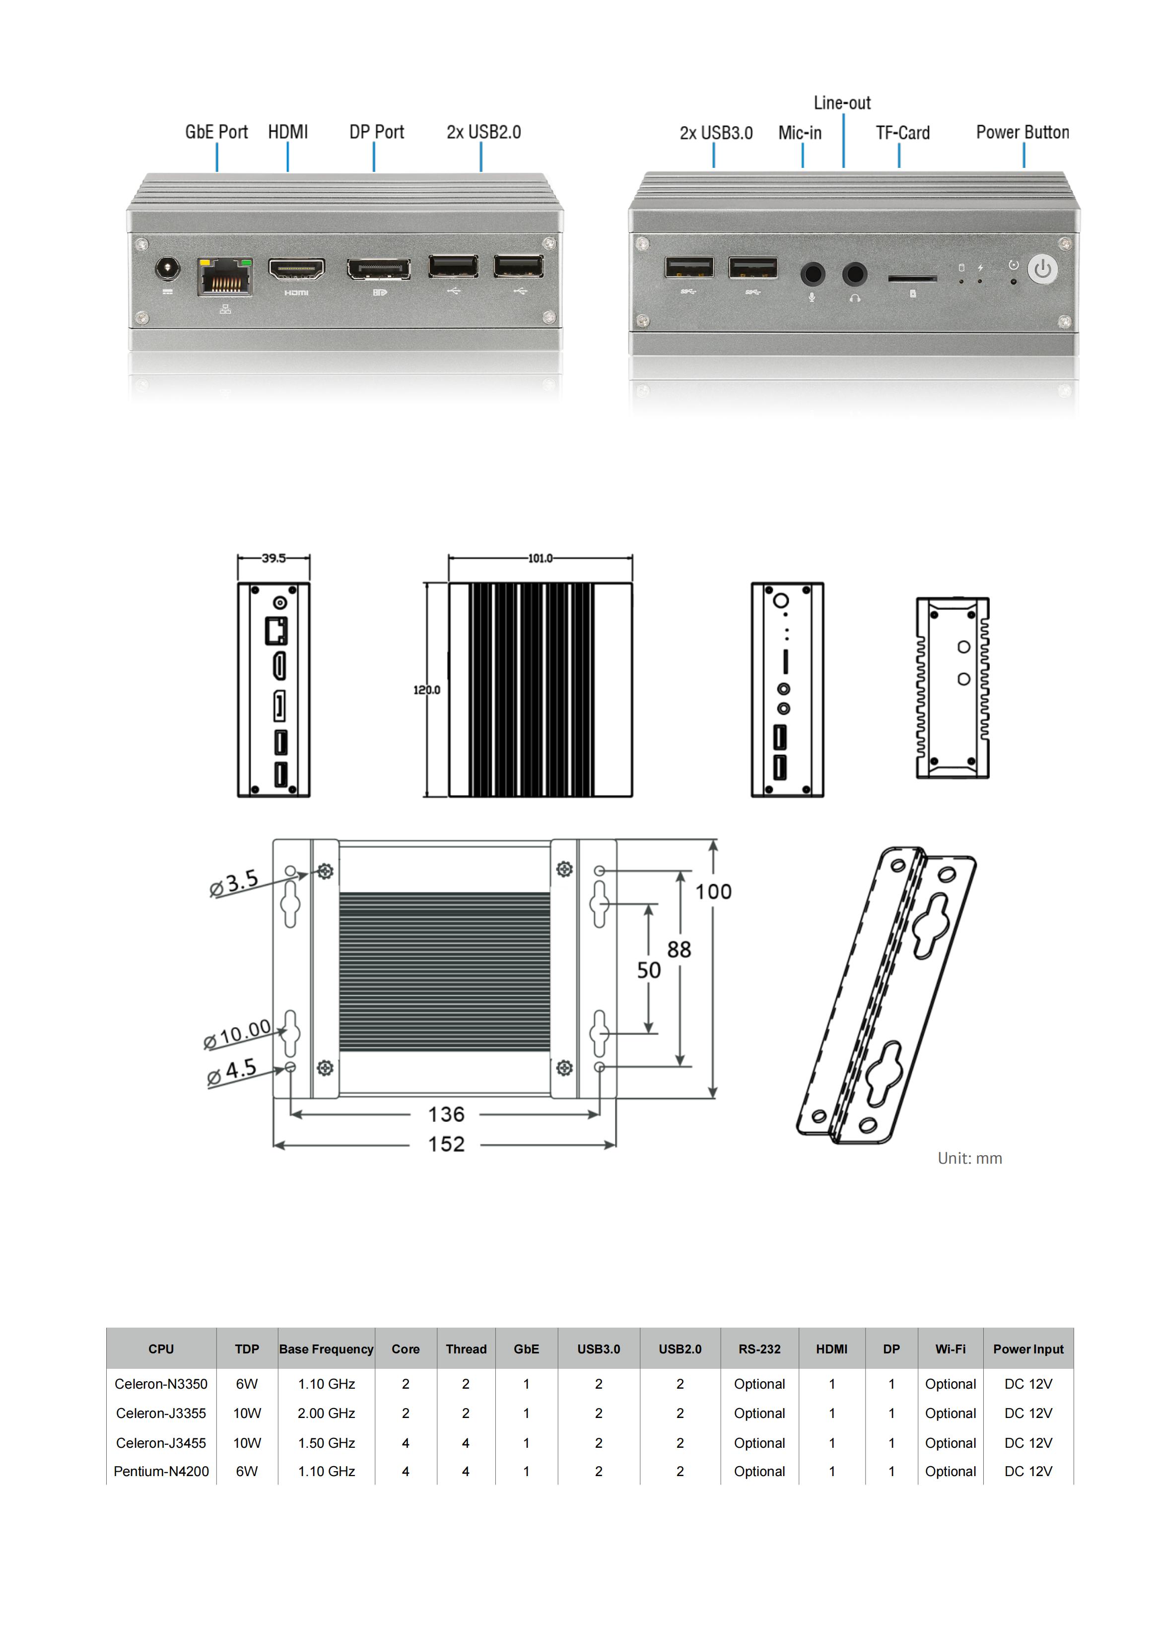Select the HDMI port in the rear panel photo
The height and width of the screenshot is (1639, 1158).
[297, 270]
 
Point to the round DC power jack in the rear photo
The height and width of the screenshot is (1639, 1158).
[168, 269]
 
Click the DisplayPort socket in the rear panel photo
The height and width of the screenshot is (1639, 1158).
[379, 270]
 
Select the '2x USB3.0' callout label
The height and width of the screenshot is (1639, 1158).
[716, 133]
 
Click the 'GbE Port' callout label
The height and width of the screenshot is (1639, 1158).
[216, 132]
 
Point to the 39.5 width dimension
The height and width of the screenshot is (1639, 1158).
[273, 558]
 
